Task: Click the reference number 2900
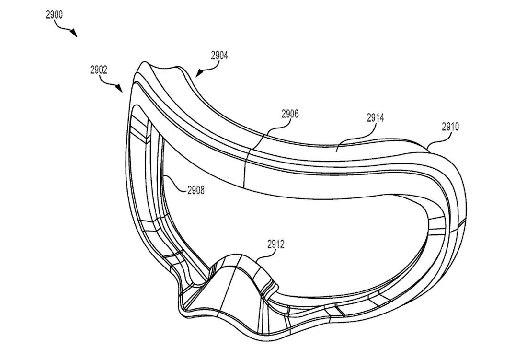click(54, 14)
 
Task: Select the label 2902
click(98, 70)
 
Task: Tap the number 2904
click(219, 56)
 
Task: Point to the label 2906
click(290, 114)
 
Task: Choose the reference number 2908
click(195, 190)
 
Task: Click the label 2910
click(450, 127)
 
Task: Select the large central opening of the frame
click(287, 230)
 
